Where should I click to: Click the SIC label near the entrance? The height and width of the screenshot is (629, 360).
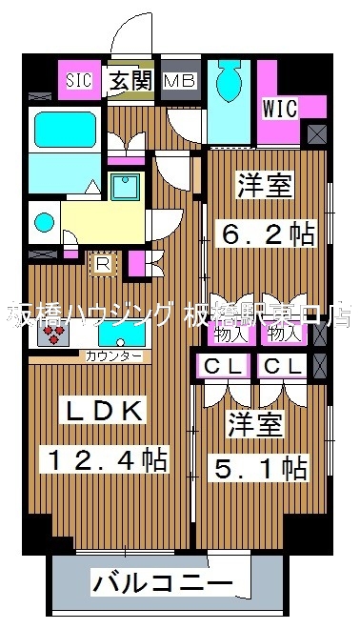point(79,80)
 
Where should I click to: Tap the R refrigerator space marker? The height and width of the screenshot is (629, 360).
point(101,259)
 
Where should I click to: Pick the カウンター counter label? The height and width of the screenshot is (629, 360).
point(114,356)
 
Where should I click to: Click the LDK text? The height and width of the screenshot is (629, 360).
point(105,412)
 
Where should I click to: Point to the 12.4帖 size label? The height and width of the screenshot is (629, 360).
point(105,461)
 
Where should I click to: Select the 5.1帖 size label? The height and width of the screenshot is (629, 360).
point(257,468)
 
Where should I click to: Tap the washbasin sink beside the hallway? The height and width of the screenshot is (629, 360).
point(125,186)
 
